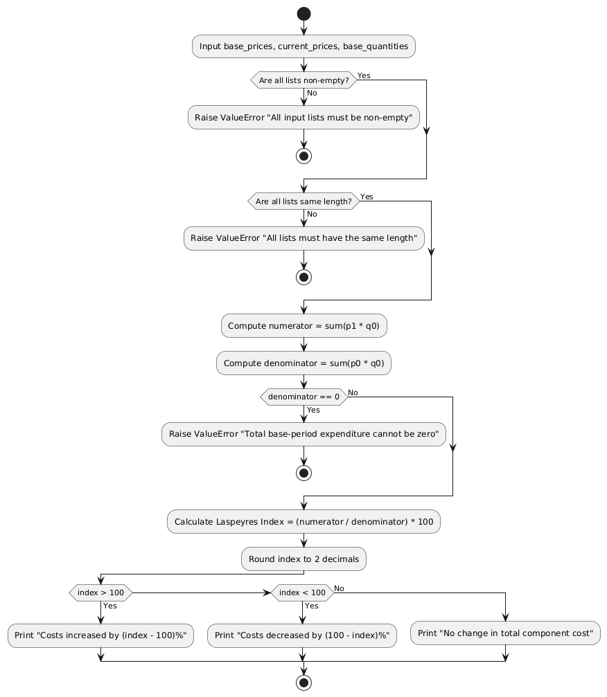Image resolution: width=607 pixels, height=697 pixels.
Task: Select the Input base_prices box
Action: (303, 46)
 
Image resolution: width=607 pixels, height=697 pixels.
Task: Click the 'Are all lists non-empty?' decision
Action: (303, 80)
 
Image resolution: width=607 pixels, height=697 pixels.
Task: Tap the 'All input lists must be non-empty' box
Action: (303, 118)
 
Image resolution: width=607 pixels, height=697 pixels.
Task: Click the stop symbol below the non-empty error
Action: (303, 156)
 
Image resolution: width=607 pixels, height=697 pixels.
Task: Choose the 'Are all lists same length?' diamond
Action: (303, 202)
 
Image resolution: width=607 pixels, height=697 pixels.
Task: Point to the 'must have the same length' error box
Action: (303, 238)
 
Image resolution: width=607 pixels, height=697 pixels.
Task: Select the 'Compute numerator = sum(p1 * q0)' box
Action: (303, 326)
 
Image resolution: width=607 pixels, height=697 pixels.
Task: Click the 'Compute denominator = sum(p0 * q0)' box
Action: (303, 363)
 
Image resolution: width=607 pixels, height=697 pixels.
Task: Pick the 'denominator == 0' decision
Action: (303, 397)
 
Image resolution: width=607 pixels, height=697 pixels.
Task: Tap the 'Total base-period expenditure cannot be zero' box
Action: (303, 434)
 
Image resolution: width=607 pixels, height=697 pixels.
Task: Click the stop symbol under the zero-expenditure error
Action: (303, 473)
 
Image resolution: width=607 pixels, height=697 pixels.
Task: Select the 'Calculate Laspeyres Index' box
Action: (303, 521)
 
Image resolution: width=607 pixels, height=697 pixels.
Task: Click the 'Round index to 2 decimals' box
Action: (303, 559)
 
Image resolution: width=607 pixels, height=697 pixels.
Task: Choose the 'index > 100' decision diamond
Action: (100, 592)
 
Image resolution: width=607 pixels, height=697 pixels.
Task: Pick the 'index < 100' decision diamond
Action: (302, 592)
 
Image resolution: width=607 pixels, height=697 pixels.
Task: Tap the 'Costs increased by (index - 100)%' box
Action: (100, 635)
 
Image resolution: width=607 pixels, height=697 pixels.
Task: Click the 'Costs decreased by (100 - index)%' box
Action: (302, 635)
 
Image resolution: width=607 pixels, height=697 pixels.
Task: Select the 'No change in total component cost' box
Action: (506, 633)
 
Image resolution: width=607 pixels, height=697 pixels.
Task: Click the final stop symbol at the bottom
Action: (303, 682)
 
